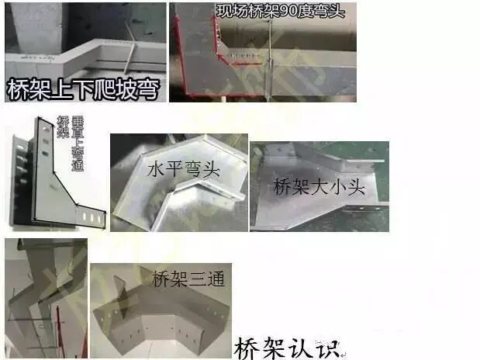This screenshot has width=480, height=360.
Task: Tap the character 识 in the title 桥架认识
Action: coord(329,344)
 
